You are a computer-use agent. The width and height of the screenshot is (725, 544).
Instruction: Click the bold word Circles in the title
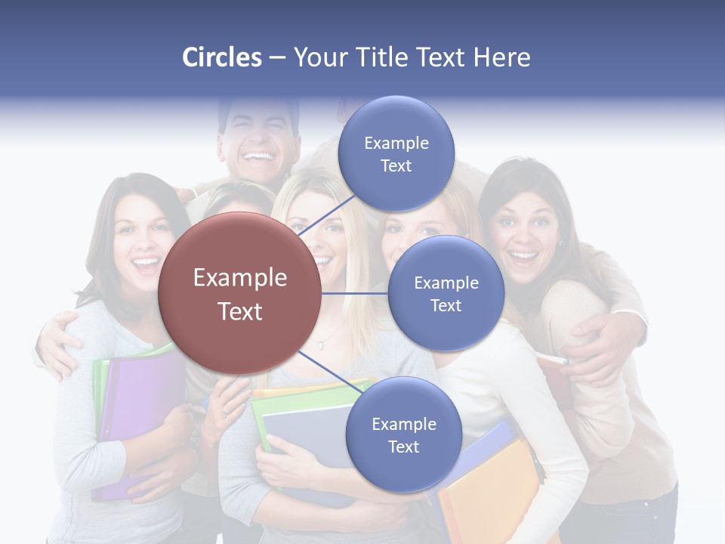click(221, 57)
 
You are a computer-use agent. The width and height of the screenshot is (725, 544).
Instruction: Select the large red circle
click(240, 294)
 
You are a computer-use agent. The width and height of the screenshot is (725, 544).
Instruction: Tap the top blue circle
click(396, 153)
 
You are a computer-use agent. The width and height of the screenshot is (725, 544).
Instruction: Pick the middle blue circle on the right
click(446, 293)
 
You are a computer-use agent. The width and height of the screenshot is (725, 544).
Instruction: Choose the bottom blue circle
click(403, 434)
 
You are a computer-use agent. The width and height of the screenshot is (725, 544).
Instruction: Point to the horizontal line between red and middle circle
click(355, 293)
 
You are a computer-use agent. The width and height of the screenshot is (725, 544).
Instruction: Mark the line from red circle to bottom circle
click(329, 372)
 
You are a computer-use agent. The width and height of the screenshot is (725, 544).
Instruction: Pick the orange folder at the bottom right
click(491, 491)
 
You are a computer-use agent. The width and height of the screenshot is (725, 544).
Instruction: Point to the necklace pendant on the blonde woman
click(320, 346)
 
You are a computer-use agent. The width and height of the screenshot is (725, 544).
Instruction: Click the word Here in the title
click(502, 57)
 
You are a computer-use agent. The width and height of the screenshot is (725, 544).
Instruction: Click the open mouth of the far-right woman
click(523, 257)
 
